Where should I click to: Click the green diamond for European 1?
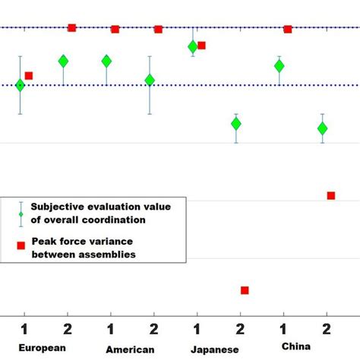(x=20, y=85)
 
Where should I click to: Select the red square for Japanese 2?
(x=245, y=290)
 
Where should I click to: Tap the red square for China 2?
(x=331, y=196)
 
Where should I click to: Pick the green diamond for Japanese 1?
(x=193, y=47)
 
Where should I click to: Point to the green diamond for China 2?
(x=323, y=128)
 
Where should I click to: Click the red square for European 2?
(x=72, y=27)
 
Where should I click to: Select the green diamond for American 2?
(x=150, y=80)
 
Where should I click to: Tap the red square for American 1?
(x=115, y=29)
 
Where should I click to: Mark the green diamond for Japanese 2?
(x=236, y=123)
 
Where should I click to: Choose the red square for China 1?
(x=288, y=29)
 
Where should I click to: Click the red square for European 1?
(x=29, y=75)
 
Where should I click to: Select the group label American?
(x=131, y=349)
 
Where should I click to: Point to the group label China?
(x=295, y=346)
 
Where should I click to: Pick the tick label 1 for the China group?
(x=283, y=328)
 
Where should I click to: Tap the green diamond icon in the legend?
(x=22, y=213)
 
